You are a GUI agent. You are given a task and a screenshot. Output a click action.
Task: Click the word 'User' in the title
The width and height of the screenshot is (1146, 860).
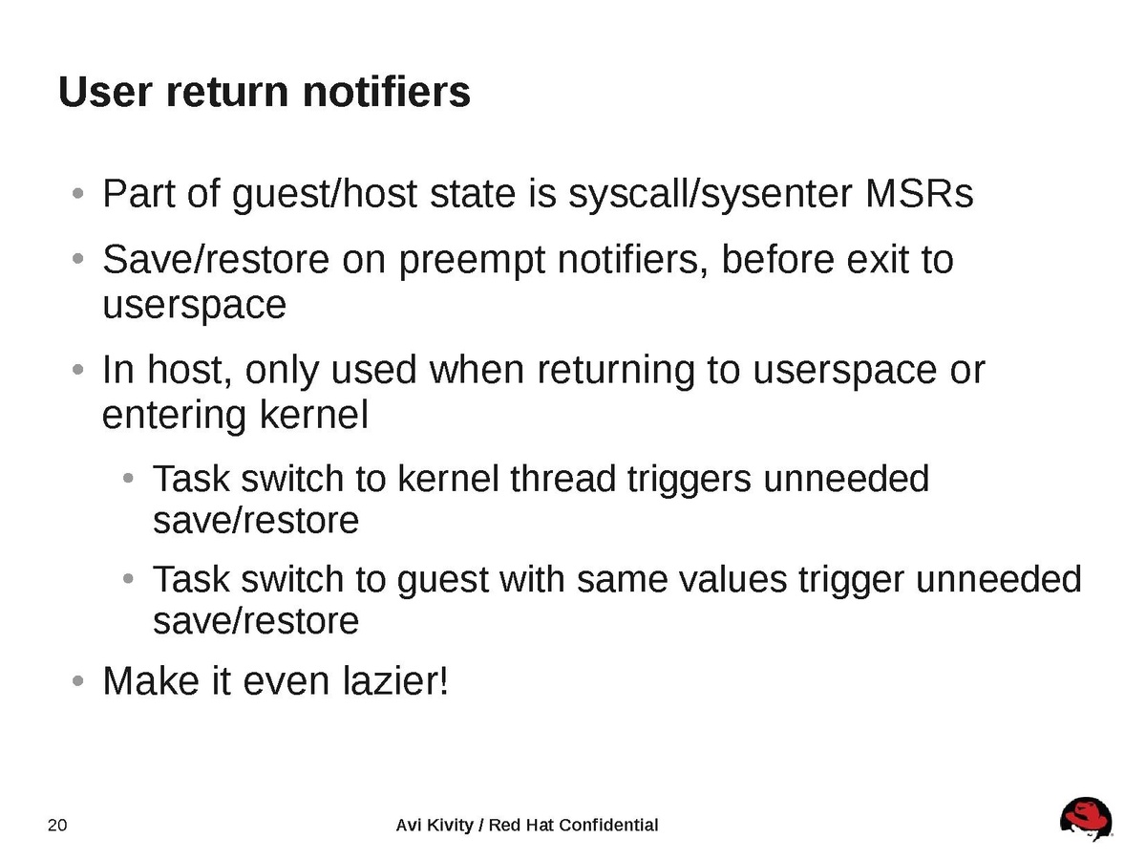point(105,92)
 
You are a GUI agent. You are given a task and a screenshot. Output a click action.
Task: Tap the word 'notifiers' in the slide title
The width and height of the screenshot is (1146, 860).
point(387,92)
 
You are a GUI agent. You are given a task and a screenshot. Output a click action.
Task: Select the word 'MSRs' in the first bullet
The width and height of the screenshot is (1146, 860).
point(919,194)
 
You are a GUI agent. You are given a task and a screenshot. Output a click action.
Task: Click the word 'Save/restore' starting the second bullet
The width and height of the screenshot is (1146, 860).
point(216,260)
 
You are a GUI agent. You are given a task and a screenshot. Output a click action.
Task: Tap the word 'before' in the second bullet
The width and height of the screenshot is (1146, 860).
point(778,260)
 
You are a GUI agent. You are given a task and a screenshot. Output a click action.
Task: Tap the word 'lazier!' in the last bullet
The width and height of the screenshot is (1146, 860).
point(395,681)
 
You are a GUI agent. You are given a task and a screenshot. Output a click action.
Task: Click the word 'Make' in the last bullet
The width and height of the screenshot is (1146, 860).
point(151,681)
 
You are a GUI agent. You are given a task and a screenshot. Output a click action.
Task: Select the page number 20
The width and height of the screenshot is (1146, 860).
point(57,825)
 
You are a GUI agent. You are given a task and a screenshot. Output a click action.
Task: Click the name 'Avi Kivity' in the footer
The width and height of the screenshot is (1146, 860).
point(435,826)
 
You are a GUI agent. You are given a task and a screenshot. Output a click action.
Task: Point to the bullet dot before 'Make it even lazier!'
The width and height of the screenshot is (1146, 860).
point(77,681)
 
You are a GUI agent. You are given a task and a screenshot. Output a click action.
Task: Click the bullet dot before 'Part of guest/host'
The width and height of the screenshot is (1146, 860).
point(77,194)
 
